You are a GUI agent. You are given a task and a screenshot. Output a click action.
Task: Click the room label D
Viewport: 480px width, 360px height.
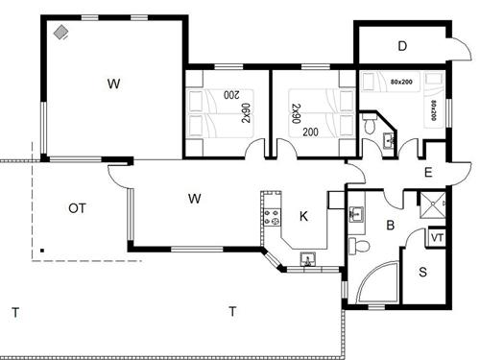click(402, 46)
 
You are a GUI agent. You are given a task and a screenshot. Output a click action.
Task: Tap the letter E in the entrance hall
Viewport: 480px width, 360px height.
click(428, 173)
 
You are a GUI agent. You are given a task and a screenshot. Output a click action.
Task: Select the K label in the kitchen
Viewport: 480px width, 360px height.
click(303, 216)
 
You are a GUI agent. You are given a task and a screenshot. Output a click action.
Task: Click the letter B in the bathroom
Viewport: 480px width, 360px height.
click(391, 226)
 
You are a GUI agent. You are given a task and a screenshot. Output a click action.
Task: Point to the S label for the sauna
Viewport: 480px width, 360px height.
click(422, 272)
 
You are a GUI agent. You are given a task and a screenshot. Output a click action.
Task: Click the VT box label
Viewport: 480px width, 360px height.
click(437, 238)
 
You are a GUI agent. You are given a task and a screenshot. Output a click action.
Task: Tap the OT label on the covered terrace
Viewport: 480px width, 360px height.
click(77, 208)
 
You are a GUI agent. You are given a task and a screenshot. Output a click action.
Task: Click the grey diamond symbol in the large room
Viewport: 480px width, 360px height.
click(60, 33)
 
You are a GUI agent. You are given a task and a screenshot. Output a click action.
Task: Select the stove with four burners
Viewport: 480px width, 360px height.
click(273, 217)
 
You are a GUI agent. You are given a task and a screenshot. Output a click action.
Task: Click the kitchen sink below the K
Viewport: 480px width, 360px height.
click(308, 259)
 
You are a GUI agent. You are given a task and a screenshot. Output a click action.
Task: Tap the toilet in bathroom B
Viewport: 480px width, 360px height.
click(359, 246)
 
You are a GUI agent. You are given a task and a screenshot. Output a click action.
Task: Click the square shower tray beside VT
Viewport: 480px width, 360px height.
click(432, 204)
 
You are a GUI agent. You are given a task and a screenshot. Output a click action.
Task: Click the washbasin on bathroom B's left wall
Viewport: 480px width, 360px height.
click(356, 214)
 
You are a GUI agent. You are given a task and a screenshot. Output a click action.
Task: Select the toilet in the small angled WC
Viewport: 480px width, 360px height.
click(370, 124)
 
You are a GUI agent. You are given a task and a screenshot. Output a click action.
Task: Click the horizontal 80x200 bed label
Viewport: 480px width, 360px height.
click(401, 82)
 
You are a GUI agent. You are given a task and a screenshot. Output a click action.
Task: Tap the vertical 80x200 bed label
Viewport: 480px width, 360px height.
click(434, 110)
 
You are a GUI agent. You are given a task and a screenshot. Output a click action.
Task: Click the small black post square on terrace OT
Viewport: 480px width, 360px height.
click(42, 251)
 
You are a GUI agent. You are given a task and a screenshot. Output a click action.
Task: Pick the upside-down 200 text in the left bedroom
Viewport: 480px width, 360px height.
click(231, 95)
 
